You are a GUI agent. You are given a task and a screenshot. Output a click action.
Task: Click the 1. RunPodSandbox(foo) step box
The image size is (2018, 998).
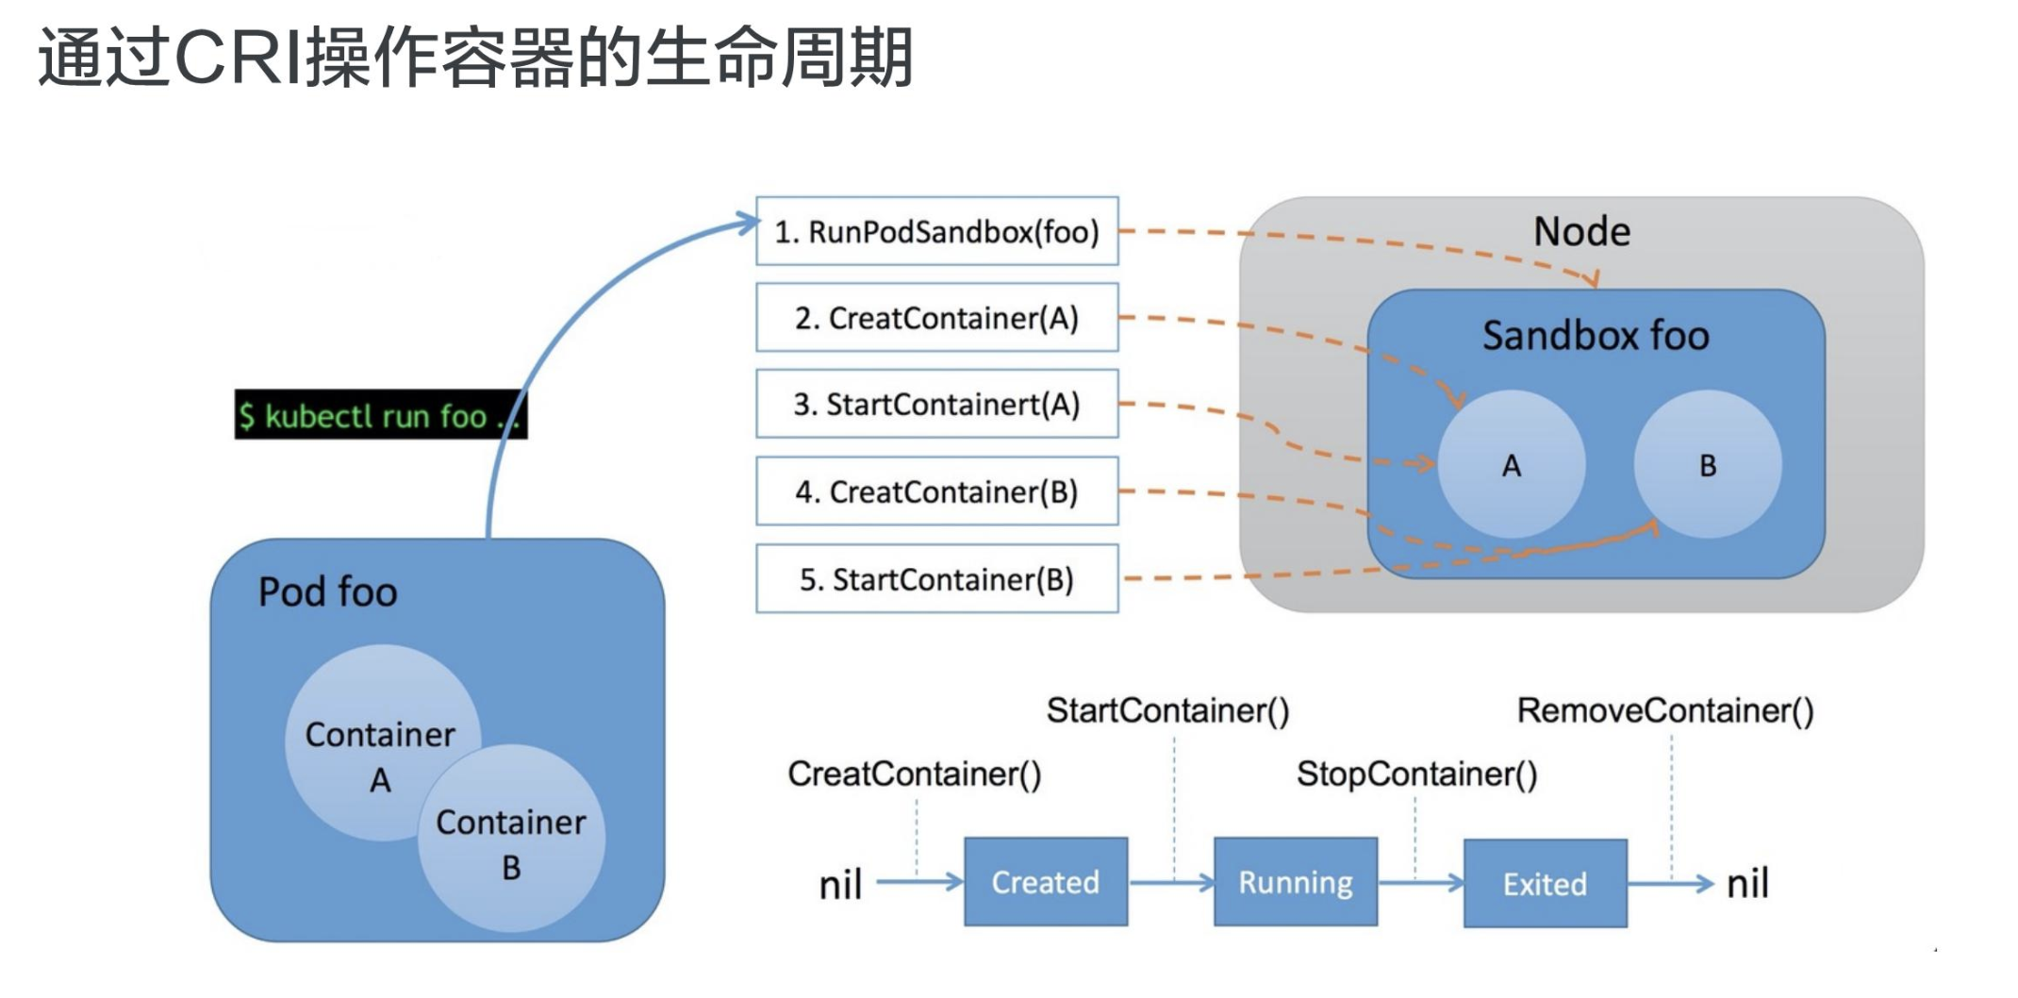[x=936, y=231]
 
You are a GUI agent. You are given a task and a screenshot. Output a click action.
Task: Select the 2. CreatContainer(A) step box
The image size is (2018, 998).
[x=936, y=318]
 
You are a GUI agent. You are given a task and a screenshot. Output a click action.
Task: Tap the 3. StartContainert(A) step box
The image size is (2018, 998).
[x=936, y=404]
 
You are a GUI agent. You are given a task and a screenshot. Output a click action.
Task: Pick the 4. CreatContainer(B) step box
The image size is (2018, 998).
[x=936, y=491]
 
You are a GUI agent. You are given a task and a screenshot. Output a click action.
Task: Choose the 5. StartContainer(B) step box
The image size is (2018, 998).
[x=936, y=578]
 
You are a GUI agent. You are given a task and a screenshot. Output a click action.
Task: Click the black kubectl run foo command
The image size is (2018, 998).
[x=379, y=415]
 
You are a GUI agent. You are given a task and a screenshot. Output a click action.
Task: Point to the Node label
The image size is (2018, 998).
[x=1581, y=231]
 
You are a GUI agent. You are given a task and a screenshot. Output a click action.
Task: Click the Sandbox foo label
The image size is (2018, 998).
[x=1596, y=336]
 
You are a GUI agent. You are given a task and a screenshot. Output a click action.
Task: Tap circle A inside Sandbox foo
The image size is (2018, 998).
[x=1512, y=465]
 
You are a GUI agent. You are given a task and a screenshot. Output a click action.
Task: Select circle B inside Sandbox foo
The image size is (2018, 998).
[x=1708, y=465]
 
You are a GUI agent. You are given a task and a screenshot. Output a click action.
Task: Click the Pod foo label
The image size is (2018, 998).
[x=327, y=592]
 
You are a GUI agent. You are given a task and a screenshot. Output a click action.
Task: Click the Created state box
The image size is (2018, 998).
[x=1045, y=882]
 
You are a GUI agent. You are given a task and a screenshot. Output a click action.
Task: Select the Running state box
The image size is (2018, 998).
[x=1295, y=882]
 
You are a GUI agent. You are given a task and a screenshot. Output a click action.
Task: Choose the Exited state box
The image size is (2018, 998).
[x=1545, y=884]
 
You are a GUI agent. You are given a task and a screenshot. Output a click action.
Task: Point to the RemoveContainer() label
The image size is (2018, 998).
[x=1664, y=710]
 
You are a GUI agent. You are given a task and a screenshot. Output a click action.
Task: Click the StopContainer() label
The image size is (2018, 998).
[x=1416, y=773]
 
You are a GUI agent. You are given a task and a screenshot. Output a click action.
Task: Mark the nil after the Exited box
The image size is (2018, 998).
[x=1747, y=884]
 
